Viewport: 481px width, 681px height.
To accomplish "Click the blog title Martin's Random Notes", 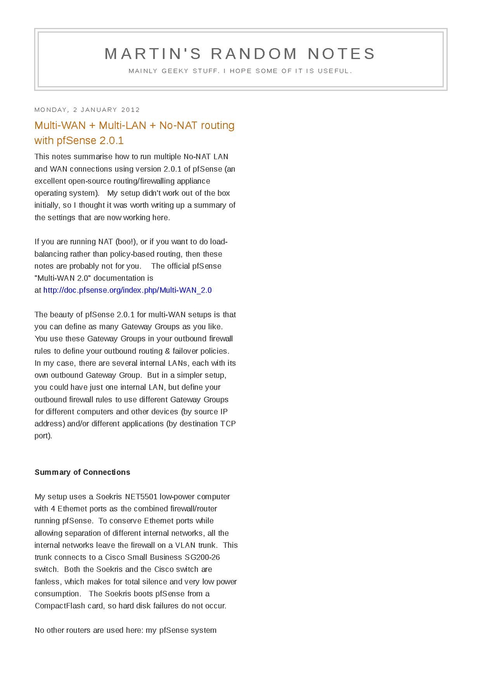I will coord(240,54).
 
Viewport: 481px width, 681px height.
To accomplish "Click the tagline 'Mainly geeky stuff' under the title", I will coord(240,71).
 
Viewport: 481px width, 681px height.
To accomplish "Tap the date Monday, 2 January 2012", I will coord(87,110).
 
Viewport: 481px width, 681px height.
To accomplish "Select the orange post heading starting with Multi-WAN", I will coord(134,132).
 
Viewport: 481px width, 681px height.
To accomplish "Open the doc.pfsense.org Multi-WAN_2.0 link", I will coord(127,290).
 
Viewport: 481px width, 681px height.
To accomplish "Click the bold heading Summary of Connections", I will coord(82,472).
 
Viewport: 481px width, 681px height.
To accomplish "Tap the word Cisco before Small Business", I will coord(115,557).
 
